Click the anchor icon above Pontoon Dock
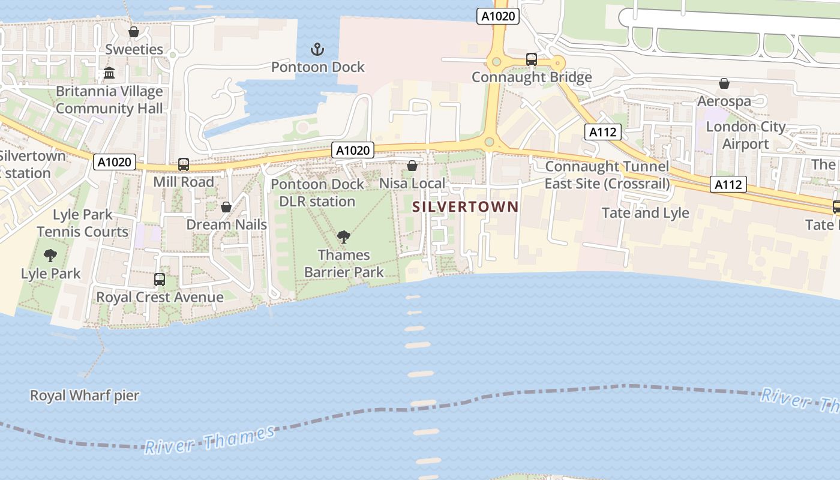click(x=317, y=49)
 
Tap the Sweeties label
click(x=134, y=49)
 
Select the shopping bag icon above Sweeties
click(x=134, y=32)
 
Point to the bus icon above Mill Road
click(x=184, y=164)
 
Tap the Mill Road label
click(x=184, y=182)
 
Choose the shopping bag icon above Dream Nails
click(x=226, y=208)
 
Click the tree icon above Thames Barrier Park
click(x=344, y=237)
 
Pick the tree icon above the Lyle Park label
click(x=50, y=256)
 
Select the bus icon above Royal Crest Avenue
click(x=160, y=280)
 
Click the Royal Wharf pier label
click(x=85, y=396)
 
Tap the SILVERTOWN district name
click(x=466, y=207)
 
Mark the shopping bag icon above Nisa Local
click(x=412, y=166)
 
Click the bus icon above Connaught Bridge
click(x=532, y=59)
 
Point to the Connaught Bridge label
click(x=532, y=77)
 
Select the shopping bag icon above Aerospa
click(x=724, y=83)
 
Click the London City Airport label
click(x=745, y=135)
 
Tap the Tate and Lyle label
click(x=645, y=213)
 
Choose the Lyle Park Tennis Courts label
click(x=82, y=223)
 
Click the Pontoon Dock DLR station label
click(x=317, y=193)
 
